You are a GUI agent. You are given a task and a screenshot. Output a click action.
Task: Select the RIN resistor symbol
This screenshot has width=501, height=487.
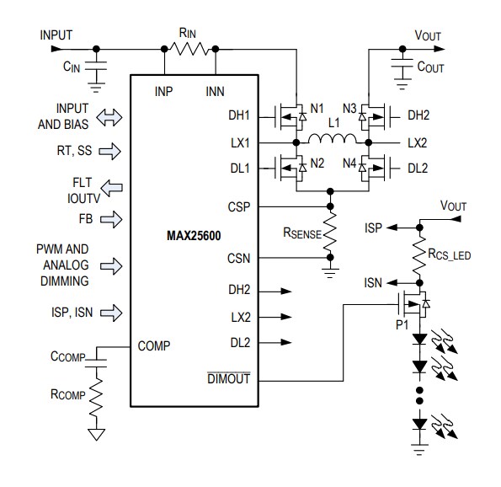pyautogui.click(x=190, y=48)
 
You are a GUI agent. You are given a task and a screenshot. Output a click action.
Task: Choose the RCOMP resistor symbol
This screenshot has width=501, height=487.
pyautogui.click(x=97, y=397)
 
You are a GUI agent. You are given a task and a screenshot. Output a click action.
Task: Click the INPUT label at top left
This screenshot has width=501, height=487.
pyautogui.click(x=56, y=35)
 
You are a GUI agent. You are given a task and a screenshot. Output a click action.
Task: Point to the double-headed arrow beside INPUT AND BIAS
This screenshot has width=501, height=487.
pyautogui.click(x=109, y=119)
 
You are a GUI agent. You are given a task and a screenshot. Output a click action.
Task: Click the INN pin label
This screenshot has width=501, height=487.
pyautogui.click(x=215, y=90)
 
